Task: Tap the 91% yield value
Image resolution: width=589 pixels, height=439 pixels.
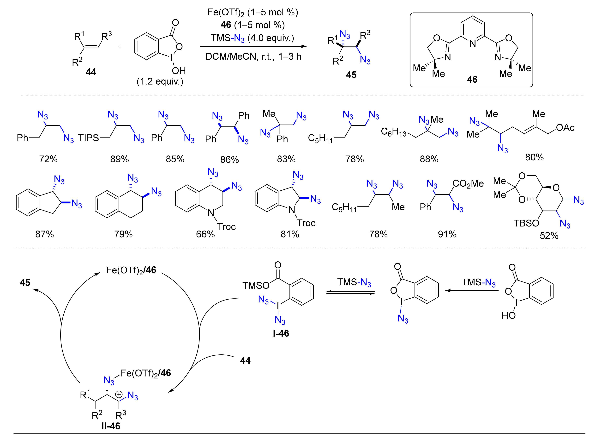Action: click(447, 234)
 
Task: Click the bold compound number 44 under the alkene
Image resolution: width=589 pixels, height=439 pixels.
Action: click(91, 72)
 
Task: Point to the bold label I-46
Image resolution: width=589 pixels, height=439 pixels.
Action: click(281, 333)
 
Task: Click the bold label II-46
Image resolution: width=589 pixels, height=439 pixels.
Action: click(111, 426)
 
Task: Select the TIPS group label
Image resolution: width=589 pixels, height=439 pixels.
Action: click(88, 138)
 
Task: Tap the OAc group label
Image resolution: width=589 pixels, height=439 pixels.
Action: click(565, 128)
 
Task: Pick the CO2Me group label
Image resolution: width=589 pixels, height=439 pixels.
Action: click(468, 183)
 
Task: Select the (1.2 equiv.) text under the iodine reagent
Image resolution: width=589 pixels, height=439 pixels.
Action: click(160, 81)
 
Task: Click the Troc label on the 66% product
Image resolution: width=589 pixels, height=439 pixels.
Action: click(226, 227)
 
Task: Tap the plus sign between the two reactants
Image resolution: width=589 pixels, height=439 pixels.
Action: click(120, 47)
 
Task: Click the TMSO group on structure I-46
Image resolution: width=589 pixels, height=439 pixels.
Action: click(256, 285)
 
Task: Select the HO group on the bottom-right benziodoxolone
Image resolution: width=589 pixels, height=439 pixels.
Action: click(508, 315)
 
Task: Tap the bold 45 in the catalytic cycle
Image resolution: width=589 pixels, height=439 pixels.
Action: click(25, 282)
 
